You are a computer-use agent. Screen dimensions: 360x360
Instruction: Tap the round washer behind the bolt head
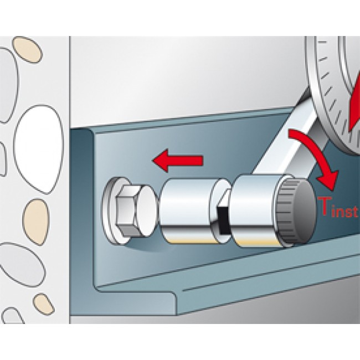tap(115, 211)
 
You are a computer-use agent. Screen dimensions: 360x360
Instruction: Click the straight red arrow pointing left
tap(178, 160)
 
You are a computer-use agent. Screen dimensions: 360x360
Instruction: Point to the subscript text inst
tap(344, 212)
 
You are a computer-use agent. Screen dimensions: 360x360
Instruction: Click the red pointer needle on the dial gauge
tap(354, 104)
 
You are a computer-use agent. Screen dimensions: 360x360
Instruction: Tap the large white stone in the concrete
tap(38, 149)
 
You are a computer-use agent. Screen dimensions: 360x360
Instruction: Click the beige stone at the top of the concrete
tap(27, 49)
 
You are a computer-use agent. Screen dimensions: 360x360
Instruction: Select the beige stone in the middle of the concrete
tap(36, 221)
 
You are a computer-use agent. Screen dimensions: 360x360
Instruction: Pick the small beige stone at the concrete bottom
tap(44, 304)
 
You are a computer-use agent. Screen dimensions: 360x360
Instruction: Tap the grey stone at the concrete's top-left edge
tap(9, 85)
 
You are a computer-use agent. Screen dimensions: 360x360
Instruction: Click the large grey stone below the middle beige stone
tap(22, 264)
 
